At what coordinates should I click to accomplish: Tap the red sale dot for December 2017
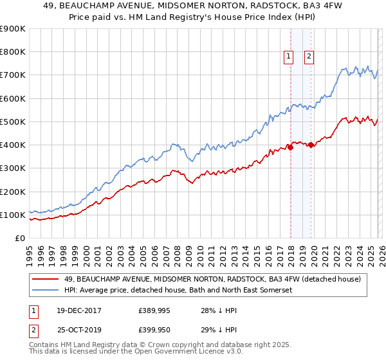coord(290,147)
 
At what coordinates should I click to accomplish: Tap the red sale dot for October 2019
coord(311,145)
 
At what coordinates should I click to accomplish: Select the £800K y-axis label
coord(13,51)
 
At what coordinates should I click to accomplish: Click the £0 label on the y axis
coord(19,239)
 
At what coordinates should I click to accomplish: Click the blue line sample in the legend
coord(46,290)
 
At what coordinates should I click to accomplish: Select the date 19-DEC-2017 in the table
coord(87,310)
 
